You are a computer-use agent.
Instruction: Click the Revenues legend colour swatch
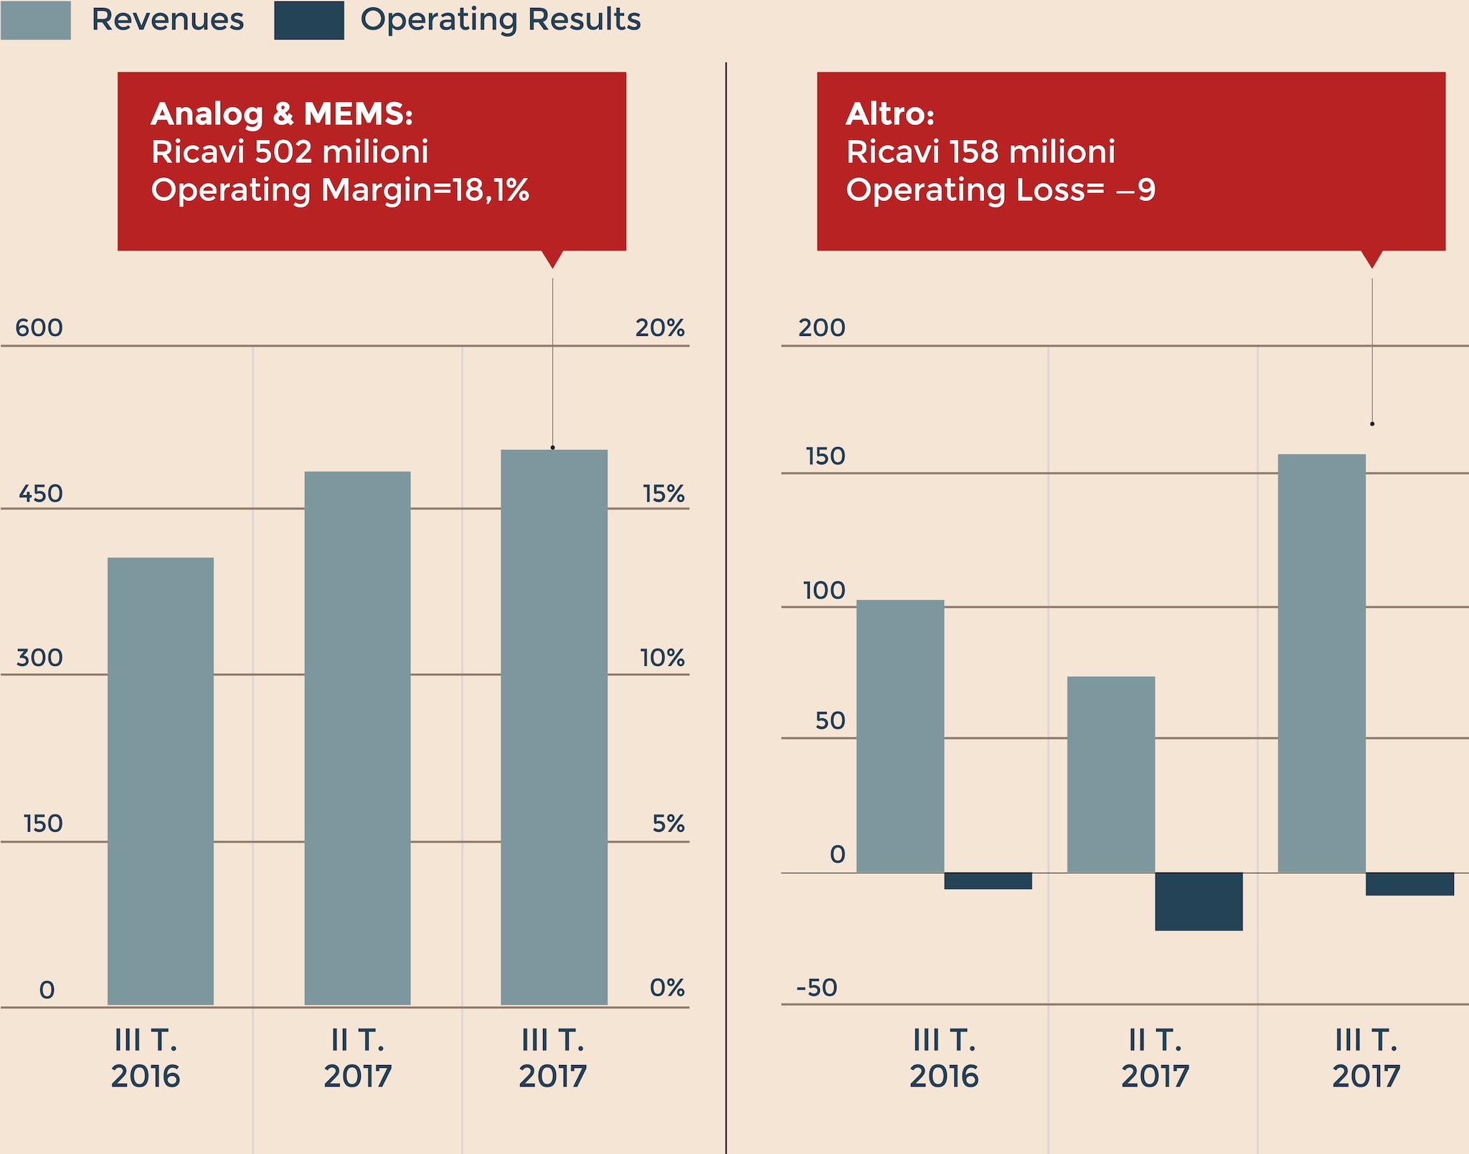click(36, 20)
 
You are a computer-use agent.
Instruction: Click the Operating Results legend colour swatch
click(309, 20)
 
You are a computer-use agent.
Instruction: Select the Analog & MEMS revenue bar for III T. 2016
click(161, 781)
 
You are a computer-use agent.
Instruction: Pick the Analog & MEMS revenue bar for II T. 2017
click(357, 738)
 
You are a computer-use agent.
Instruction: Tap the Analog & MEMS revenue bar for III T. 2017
click(554, 727)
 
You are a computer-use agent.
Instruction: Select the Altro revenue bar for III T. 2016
click(900, 736)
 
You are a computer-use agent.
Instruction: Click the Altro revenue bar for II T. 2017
click(1111, 774)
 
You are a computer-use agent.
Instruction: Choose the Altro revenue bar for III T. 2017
click(1322, 663)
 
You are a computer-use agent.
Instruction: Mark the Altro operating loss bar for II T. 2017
click(1199, 901)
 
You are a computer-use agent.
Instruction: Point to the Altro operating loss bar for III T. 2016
click(988, 881)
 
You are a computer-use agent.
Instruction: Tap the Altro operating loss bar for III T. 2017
click(1409, 884)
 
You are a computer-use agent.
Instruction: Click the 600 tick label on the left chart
click(39, 328)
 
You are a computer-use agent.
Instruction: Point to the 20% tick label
click(660, 328)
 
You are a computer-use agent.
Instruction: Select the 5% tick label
click(669, 823)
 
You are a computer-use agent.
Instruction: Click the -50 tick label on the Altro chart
click(817, 988)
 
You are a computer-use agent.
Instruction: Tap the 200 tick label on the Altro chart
click(822, 328)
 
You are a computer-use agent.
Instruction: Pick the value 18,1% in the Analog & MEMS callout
click(491, 190)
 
